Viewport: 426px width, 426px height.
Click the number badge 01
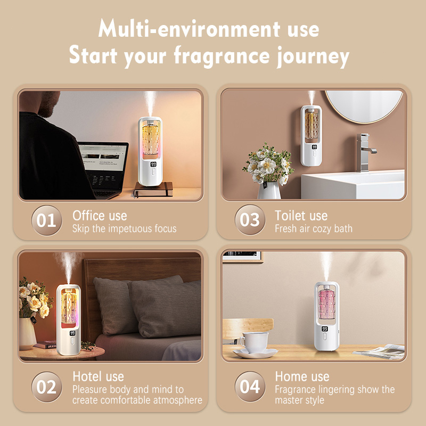coord(47,220)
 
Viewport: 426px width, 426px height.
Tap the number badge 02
coord(47,387)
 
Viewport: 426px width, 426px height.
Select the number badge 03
coord(250,220)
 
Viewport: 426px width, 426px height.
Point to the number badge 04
coord(250,387)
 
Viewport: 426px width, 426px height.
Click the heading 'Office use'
coord(100,216)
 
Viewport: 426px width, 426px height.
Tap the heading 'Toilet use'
coord(301,216)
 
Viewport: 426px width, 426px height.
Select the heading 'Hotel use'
coord(98,376)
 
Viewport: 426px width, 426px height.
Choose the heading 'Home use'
coord(302,376)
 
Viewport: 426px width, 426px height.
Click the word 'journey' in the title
coord(313,56)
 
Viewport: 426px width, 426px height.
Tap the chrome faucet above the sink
coord(366,152)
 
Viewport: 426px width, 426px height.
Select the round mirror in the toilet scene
coord(364,106)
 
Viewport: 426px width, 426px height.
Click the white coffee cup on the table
coord(254,342)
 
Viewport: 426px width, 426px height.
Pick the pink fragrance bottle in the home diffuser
coord(326,304)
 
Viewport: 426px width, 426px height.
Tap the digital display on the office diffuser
coord(153,165)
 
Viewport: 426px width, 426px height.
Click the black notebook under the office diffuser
coord(153,190)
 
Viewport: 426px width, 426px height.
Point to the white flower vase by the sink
coord(269,191)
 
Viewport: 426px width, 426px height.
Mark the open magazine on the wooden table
coord(380,351)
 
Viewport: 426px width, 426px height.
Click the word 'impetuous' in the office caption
coord(130,229)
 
